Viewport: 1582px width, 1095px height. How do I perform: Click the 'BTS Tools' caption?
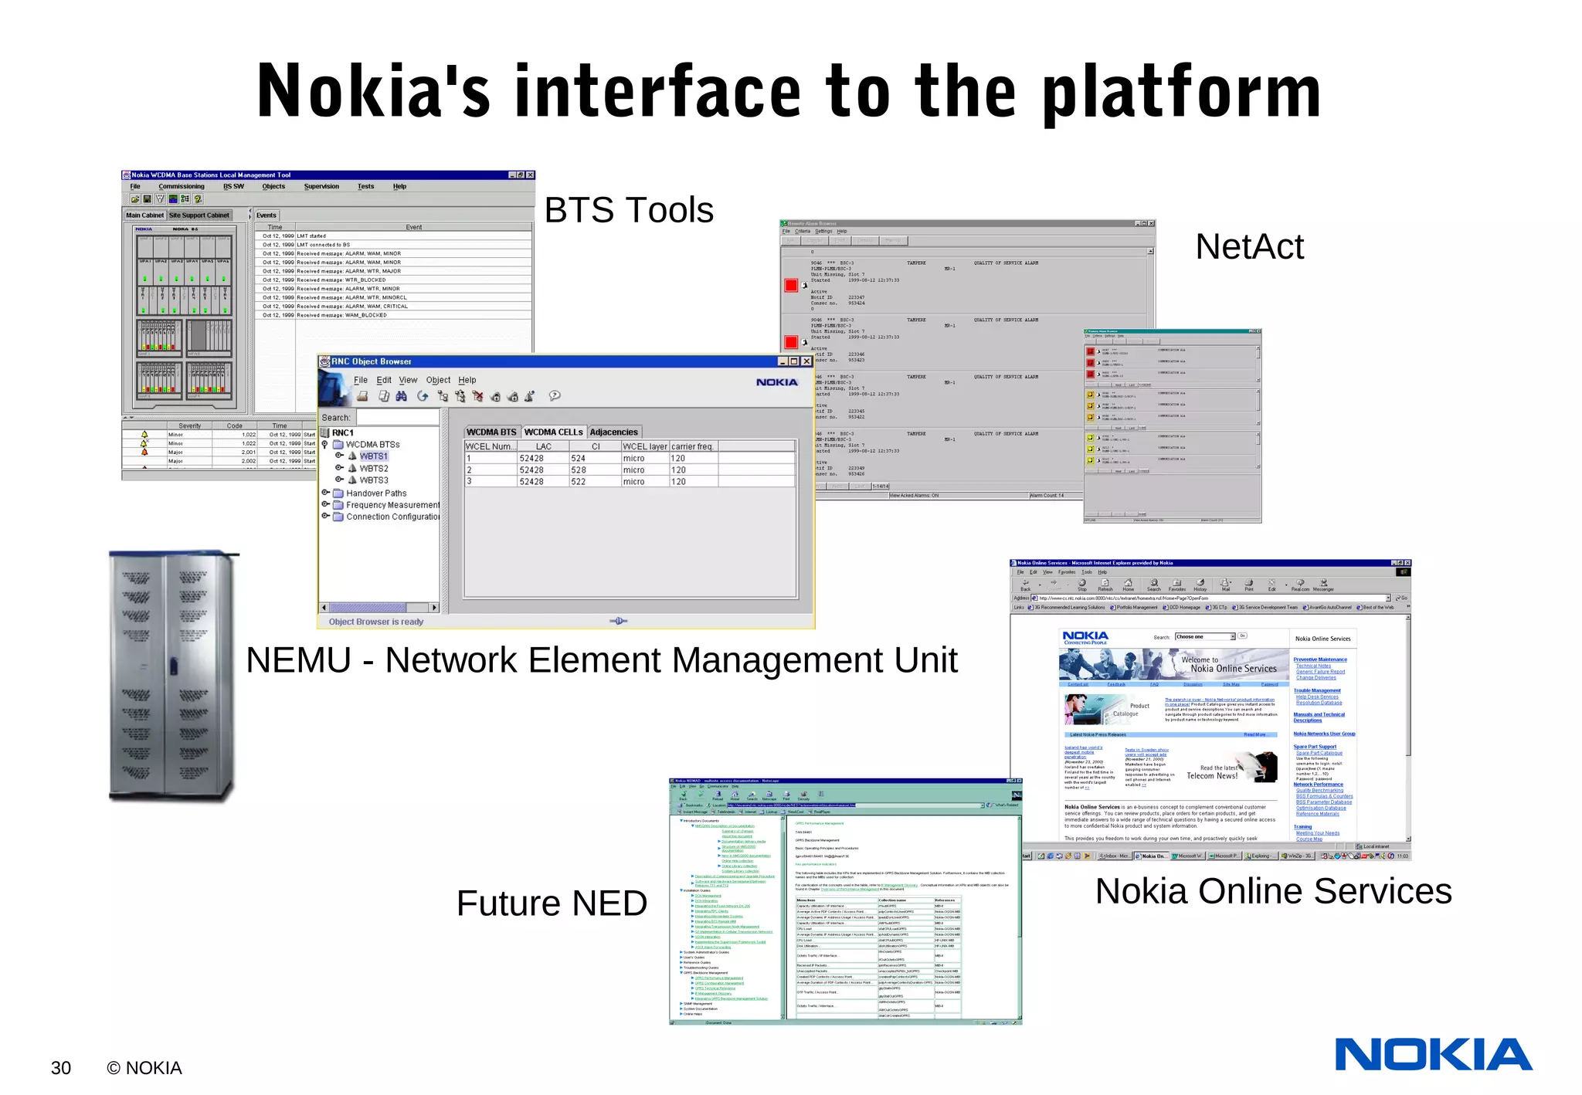pos(628,210)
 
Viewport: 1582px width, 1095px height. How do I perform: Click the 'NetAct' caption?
pos(1249,247)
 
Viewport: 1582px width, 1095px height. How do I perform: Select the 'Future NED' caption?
pos(552,903)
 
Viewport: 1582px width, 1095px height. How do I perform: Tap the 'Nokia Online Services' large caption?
pos(1273,890)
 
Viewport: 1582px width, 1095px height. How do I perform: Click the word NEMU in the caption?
pos(298,660)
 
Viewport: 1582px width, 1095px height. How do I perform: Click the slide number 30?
pos(61,1068)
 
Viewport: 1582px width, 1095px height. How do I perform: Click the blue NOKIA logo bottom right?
pos(1433,1055)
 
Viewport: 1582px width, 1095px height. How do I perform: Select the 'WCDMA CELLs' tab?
pos(553,432)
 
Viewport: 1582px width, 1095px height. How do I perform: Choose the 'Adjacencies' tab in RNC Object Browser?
pos(613,432)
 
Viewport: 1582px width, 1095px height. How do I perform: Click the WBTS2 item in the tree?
pos(373,469)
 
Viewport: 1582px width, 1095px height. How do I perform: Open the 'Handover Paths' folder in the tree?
pos(375,493)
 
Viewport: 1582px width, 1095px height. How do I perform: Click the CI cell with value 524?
pos(579,459)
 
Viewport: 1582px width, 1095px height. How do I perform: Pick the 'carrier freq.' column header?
pos(692,446)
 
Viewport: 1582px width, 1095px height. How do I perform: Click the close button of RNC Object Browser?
pos(806,361)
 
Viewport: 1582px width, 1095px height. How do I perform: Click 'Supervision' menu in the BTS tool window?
pos(321,186)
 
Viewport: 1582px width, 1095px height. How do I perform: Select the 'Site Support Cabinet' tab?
pos(199,215)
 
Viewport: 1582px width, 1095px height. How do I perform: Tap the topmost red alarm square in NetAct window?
pos(791,285)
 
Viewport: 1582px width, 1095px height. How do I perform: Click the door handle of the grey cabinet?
pos(173,665)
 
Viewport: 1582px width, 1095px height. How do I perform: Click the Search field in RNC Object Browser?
pos(397,418)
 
